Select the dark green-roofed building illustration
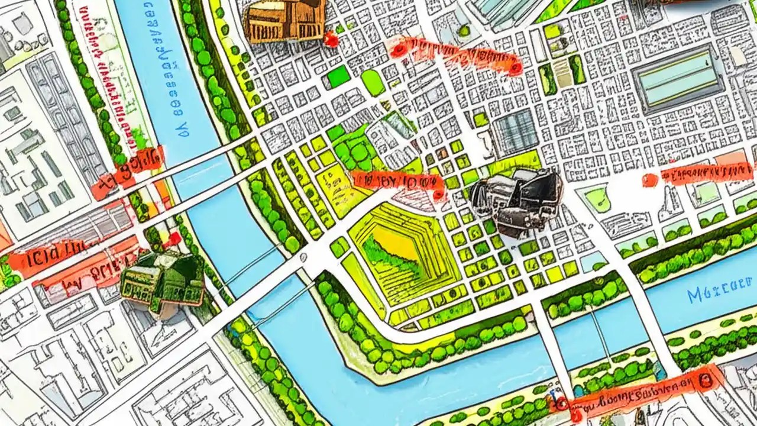coord(163,281)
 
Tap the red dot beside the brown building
coord(331,40)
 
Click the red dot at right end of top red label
coord(515,69)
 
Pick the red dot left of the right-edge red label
coord(650,180)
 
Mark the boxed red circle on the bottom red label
coord(705,380)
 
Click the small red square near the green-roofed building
coord(173,239)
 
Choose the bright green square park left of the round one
coord(338,78)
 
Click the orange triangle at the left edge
coord(5,237)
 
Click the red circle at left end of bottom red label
coord(560,404)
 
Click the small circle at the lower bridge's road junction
coord(304,257)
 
